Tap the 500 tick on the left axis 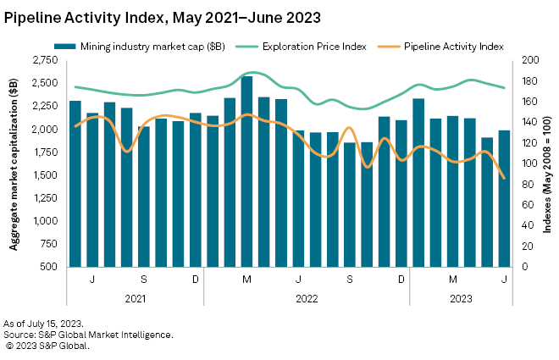point(49,267)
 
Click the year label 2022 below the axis point(307,297)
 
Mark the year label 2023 point(461,297)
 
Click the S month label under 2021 point(144,279)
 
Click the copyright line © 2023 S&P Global point(47,345)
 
